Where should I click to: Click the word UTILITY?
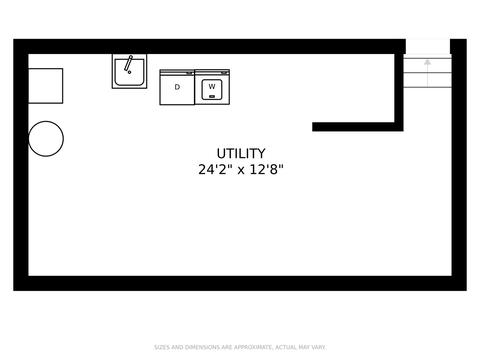pos(241,154)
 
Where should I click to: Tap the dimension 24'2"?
pos(215,170)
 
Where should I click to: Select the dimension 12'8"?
pos(266,170)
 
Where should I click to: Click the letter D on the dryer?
pos(177,87)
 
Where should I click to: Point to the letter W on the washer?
pos(212,87)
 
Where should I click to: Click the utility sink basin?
pos(129,72)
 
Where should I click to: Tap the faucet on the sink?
pos(128,64)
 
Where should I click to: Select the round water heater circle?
pos(46,139)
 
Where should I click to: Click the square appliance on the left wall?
pos(46,86)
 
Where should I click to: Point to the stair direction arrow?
pos(428,73)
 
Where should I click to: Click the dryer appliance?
pos(177,87)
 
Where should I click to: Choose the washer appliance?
pos(212,87)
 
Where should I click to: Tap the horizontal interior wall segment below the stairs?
pos(358,127)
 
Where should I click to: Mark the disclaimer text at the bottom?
pos(240,347)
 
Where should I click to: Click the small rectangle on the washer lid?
pos(212,97)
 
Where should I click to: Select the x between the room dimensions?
pos(241,171)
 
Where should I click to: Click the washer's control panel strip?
pos(212,72)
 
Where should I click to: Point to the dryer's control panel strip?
pos(177,72)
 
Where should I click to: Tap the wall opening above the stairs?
pos(428,47)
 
